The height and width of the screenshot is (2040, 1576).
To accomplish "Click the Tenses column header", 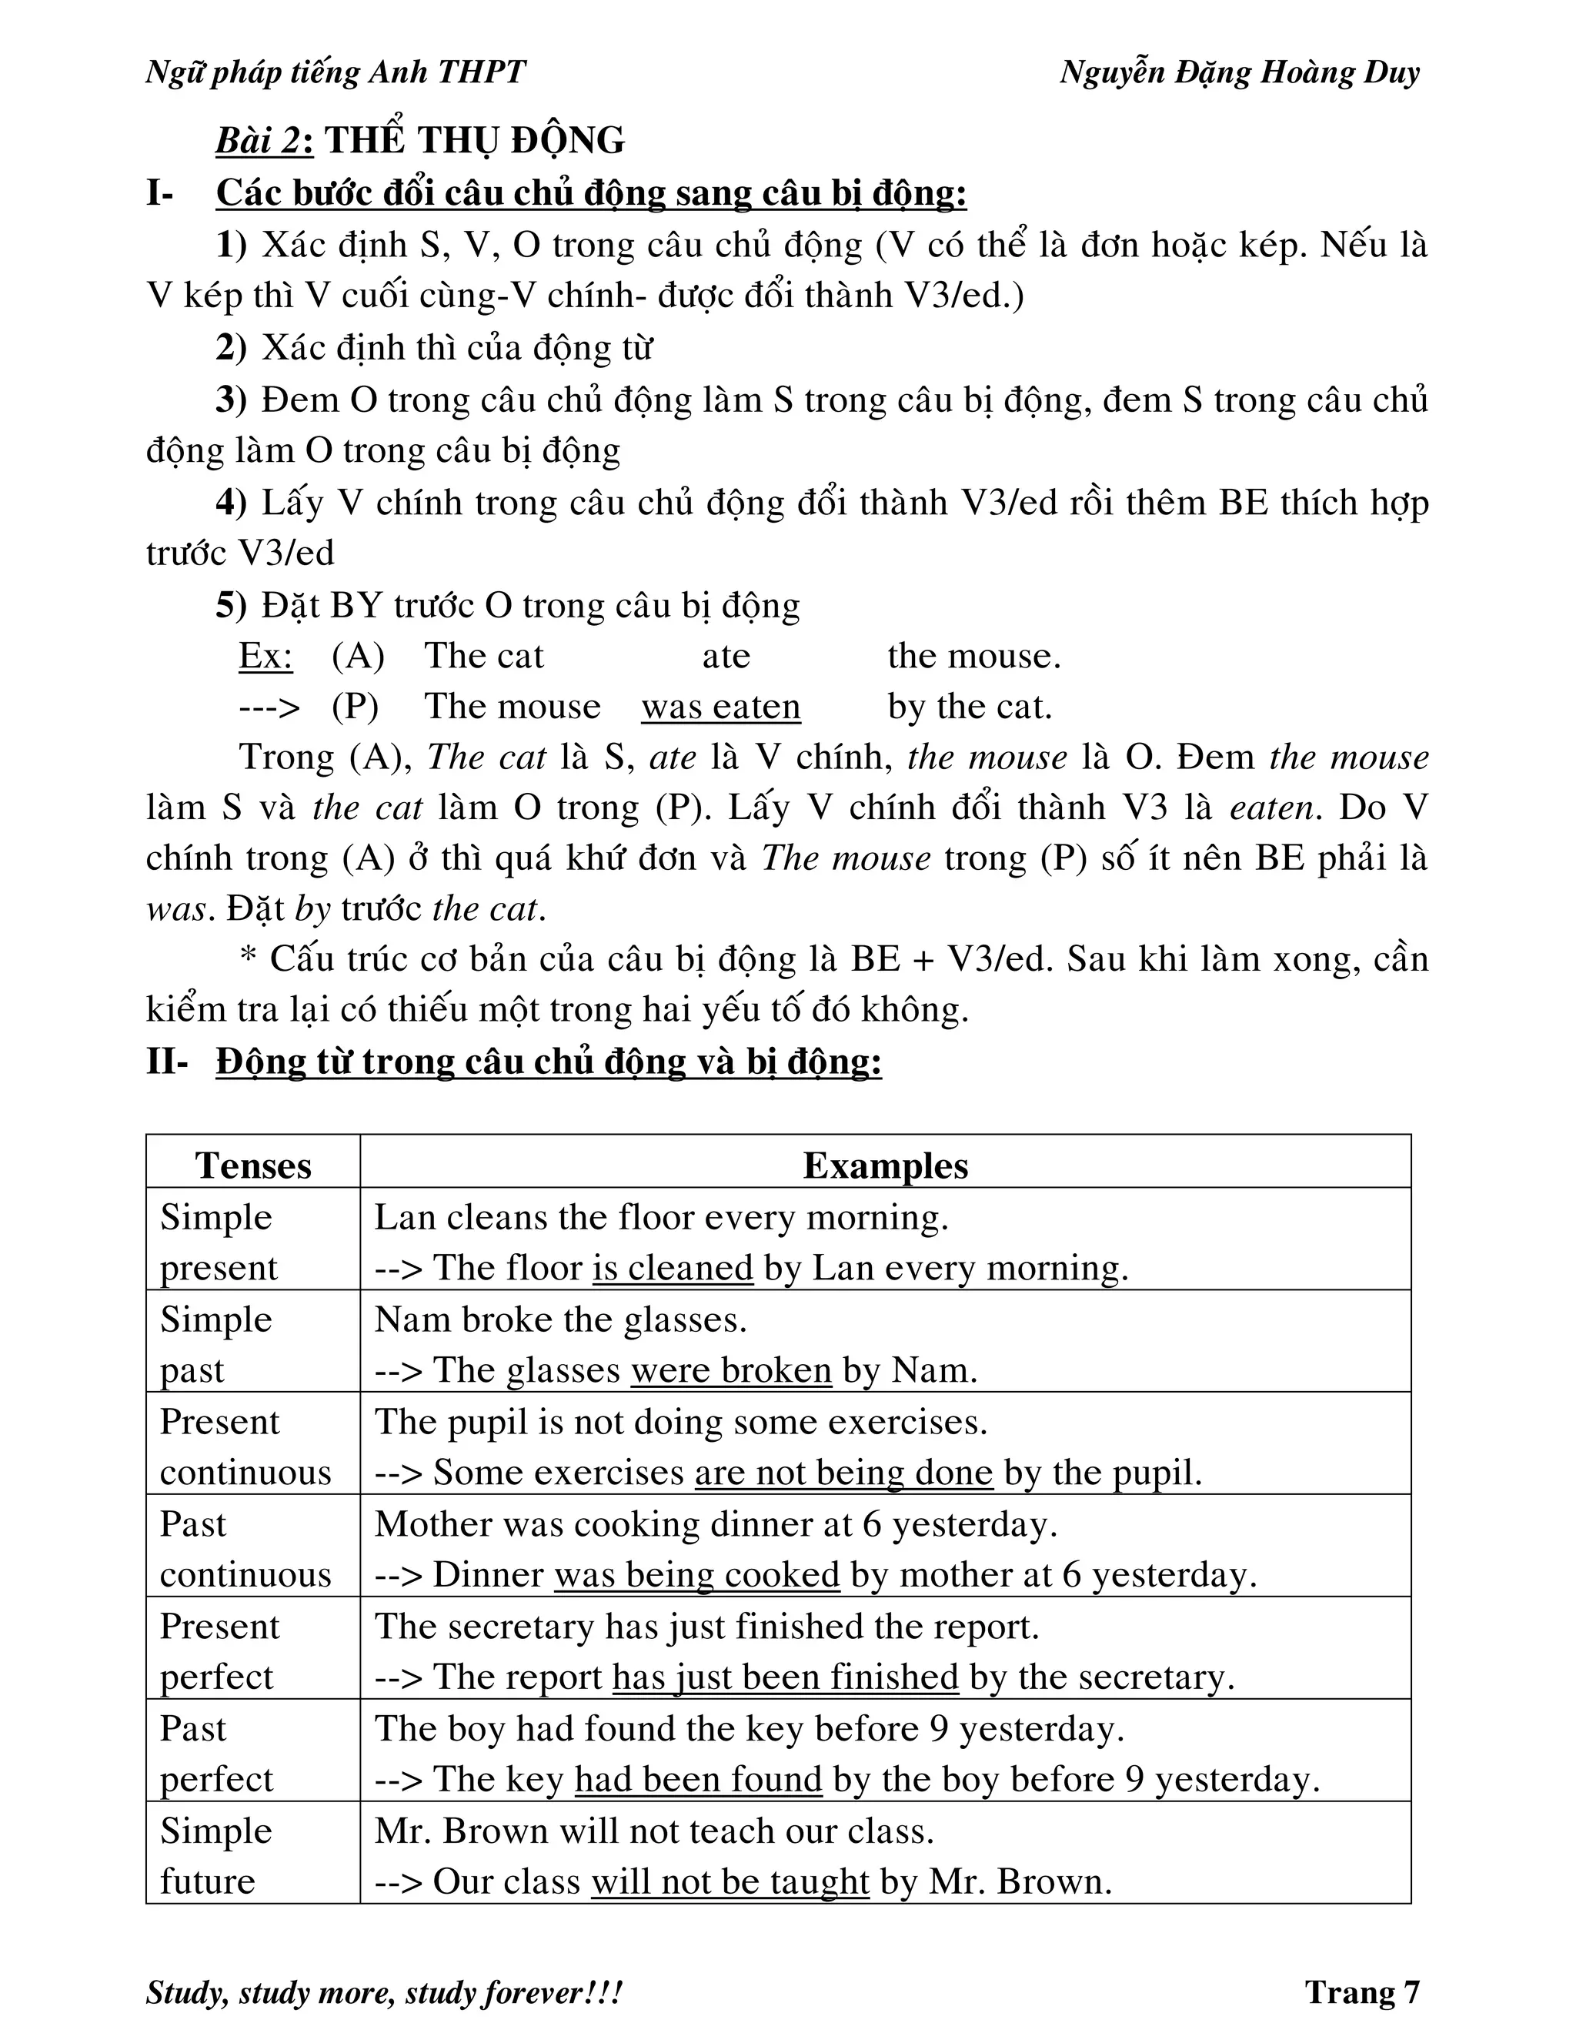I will pyautogui.click(x=253, y=1165).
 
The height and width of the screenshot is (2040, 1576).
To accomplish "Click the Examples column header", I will pyautogui.click(x=885, y=1165).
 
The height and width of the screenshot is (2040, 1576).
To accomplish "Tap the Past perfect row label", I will pyautogui.click(x=215, y=1753).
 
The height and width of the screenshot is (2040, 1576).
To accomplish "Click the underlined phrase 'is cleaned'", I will pyautogui.click(x=673, y=1268).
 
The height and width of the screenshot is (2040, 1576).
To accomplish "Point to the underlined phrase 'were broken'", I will pyautogui.click(x=731, y=1370).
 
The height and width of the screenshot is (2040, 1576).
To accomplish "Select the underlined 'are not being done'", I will pyautogui.click(x=843, y=1472).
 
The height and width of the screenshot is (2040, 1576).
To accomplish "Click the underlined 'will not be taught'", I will pyautogui.click(x=730, y=1881).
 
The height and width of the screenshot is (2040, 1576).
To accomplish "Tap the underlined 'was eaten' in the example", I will pyautogui.click(x=721, y=706).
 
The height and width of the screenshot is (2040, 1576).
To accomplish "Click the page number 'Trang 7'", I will pyautogui.click(x=1361, y=1992).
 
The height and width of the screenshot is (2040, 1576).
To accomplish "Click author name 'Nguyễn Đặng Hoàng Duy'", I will pyautogui.click(x=1239, y=72).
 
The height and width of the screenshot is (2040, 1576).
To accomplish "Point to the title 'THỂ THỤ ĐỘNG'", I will pyautogui.click(x=474, y=140).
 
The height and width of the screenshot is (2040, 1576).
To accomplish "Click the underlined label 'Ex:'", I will pyautogui.click(x=265, y=656).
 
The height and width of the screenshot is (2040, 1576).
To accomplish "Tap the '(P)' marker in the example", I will pyautogui.click(x=355, y=706).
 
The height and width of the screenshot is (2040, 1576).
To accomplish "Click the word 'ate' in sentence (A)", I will pyautogui.click(x=726, y=656).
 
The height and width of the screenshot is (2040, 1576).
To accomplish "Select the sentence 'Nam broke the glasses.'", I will pyautogui.click(x=560, y=1319).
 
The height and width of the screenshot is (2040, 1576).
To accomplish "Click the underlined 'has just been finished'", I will pyautogui.click(x=785, y=1677).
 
